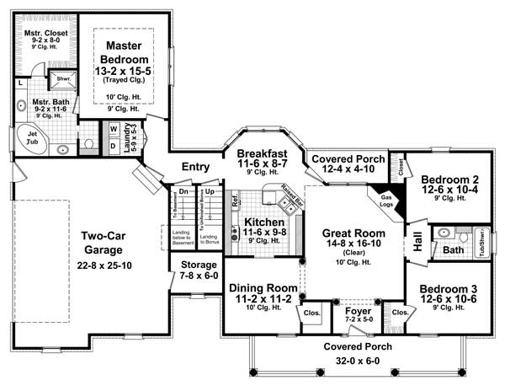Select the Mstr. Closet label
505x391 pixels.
click(x=42, y=27)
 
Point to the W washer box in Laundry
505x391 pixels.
click(x=112, y=129)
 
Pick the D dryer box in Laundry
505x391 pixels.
click(x=112, y=145)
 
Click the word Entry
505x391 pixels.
click(x=195, y=167)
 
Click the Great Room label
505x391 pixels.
click(x=353, y=233)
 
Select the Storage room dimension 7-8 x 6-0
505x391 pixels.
click(x=199, y=276)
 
